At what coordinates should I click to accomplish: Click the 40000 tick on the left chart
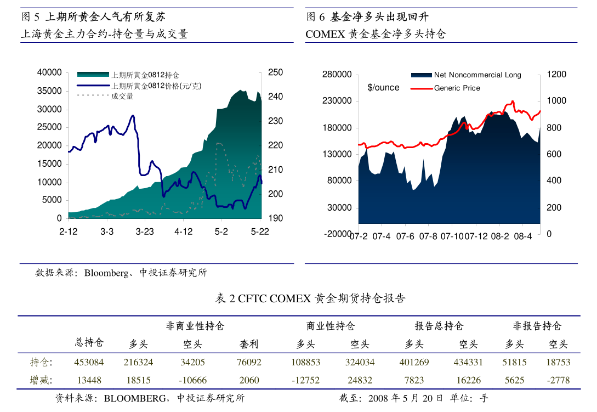click(x=49, y=72)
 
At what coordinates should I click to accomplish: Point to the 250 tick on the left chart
click(x=275, y=72)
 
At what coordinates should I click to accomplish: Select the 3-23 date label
click(x=145, y=232)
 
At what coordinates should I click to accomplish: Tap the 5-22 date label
click(x=260, y=232)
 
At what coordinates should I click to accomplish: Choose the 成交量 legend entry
click(x=122, y=96)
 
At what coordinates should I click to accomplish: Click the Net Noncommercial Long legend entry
click(x=477, y=75)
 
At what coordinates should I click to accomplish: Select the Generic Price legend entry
click(x=457, y=88)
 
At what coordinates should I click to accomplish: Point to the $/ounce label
click(x=383, y=88)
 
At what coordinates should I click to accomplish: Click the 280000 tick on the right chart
click(x=337, y=75)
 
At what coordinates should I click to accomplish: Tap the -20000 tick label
click(x=338, y=234)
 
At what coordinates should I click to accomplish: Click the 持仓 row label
click(x=39, y=362)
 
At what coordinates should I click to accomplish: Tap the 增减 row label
click(x=39, y=380)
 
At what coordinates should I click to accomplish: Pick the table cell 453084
click(x=89, y=362)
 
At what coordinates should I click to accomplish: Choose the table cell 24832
click(x=360, y=380)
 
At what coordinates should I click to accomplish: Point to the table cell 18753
click(x=558, y=362)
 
